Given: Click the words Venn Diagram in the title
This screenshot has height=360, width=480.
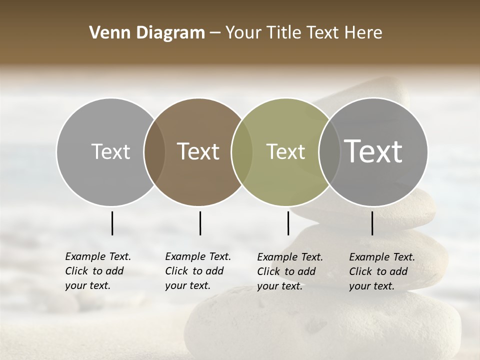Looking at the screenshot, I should click(147, 33).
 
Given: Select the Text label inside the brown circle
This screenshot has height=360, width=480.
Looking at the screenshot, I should click(198, 151).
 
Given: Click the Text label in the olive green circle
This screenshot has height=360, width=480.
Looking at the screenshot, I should click(286, 151).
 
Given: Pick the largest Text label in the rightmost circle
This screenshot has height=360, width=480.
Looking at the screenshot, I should click(373, 151).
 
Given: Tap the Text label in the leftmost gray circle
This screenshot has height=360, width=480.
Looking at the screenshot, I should click(111, 151).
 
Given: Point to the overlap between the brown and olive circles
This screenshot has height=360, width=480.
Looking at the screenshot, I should click(241, 151).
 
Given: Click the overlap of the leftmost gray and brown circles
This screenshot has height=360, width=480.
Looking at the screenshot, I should click(154, 151).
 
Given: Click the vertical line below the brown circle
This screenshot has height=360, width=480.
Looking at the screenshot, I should click(200, 223).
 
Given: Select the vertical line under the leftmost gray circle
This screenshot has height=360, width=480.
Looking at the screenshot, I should click(112, 223).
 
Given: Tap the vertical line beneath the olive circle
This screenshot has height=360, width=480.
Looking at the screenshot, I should click(288, 223).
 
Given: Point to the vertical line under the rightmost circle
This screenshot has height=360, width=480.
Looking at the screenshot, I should click(372, 223).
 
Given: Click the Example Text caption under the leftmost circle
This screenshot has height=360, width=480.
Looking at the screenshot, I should click(98, 271).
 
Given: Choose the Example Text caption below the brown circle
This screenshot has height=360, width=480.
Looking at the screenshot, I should click(198, 271).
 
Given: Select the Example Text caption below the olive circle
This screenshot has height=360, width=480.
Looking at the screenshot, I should click(290, 271).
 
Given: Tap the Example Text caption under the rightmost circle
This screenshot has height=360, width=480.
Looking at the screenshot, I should click(382, 271).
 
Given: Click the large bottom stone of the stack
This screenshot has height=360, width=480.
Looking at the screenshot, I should click(325, 325).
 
